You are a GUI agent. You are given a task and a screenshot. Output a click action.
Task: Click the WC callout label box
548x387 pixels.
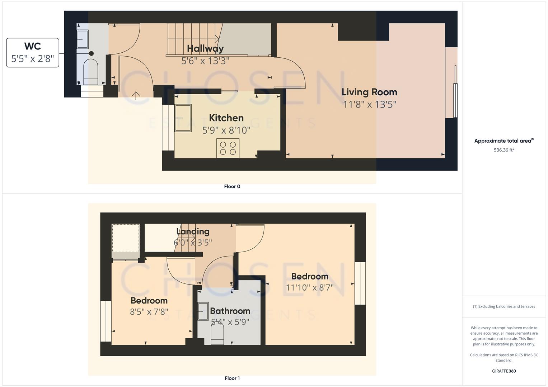pos(33,53)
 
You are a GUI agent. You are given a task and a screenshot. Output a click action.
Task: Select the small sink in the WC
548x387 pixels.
pos(83,39)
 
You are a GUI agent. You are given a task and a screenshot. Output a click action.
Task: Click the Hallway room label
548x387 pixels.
pos(205,48)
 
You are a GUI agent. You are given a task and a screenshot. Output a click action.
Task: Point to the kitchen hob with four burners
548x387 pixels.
pos(228,148)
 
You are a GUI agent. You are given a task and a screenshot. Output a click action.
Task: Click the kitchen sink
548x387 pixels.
pos(183,118)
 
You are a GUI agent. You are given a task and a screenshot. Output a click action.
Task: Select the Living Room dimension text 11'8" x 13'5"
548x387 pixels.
pos(370,105)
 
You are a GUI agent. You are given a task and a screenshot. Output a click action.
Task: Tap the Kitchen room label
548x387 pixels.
pos(226,118)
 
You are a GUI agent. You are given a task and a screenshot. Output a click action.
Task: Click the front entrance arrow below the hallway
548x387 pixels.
pos(136,96)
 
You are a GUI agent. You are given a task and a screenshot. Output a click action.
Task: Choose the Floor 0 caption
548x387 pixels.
pos(232,186)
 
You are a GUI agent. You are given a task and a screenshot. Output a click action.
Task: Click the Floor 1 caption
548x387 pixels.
pos(232,378)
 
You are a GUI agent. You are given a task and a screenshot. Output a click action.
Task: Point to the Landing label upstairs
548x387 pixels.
pos(193,231)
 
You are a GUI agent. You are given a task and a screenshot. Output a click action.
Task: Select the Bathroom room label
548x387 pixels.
pos(230,311)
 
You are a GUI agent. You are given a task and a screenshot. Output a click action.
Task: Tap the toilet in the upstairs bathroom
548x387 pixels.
pos(217,335)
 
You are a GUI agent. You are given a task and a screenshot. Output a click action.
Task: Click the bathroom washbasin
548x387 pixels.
pos(203,311)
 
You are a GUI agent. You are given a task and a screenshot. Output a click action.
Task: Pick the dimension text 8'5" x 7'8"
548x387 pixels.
pos(149,312)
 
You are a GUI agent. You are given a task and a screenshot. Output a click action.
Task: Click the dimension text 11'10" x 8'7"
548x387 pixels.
pos(310,287)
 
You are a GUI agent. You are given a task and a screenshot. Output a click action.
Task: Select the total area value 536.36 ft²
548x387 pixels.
pos(504,150)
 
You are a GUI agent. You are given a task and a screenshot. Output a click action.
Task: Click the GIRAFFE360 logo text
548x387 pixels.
pos(504,371)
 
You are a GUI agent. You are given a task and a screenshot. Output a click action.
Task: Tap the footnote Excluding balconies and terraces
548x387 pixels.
pos(504,306)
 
